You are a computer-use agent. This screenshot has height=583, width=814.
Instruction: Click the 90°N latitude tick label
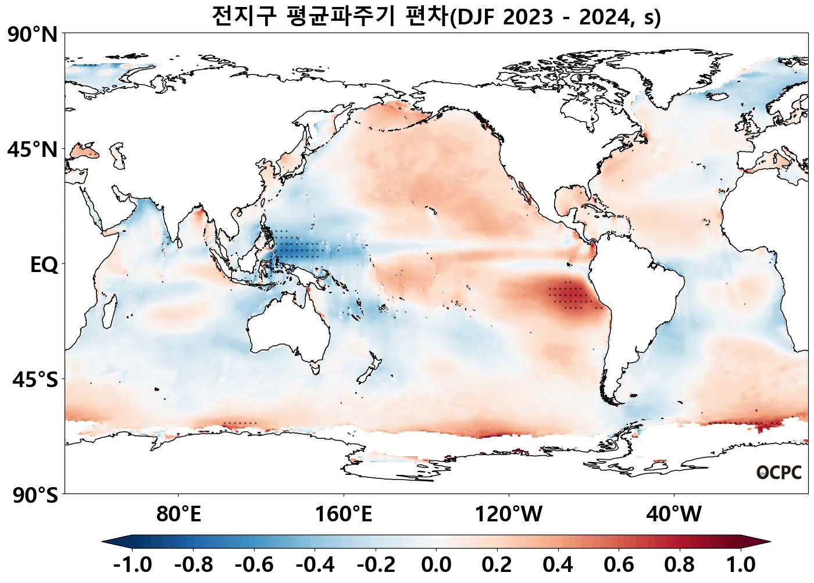pyautogui.click(x=33, y=35)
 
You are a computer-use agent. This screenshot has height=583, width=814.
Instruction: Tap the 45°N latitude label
pyautogui.click(x=33, y=150)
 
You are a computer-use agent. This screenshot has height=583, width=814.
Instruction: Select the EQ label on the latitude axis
pyautogui.click(x=44, y=265)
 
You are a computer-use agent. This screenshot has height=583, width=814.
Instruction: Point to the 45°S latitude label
pyautogui.click(x=35, y=380)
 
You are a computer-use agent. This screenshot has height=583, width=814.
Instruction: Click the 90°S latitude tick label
pyautogui.click(x=35, y=495)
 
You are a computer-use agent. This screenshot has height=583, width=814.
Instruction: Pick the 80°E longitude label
pyautogui.click(x=178, y=514)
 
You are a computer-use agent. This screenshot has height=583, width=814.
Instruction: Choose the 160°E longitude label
pyautogui.click(x=343, y=514)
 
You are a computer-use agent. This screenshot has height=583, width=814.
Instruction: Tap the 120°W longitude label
pyautogui.click(x=509, y=514)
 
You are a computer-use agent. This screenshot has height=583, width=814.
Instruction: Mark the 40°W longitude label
pyautogui.click(x=674, y=514)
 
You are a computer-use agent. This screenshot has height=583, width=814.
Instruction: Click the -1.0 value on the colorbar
pyautogui.click(x=133, y=564)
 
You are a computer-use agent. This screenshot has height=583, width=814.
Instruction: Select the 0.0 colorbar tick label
pyautogui.click(x=436, y=564)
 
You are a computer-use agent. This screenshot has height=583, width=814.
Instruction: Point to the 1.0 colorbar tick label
pyautogui.click(x=741, y=564)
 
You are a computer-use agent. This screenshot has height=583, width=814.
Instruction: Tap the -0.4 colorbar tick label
pyautogui.click(x=315, y=564)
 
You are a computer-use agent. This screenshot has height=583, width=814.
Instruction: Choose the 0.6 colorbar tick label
pyautogui.click(x=619, y=564)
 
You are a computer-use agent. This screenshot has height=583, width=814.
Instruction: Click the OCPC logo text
pyautogui.click(x=779, y=473)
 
